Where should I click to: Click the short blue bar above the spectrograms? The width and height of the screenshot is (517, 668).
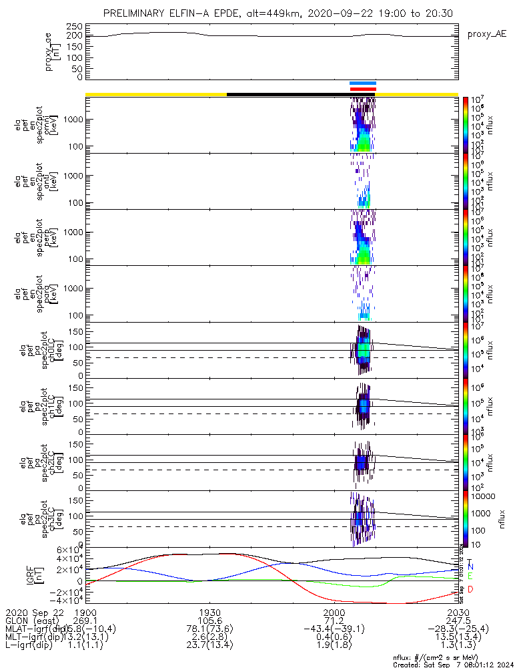click(x=363, y=83)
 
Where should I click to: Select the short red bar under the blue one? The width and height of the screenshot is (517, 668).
click(x=363, y=89)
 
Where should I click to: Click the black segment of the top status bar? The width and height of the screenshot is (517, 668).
click(x=287, y=94)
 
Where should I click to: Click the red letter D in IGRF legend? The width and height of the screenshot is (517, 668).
click(x=470, y=589)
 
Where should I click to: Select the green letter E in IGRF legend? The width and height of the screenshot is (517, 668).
click(x=470, y=576)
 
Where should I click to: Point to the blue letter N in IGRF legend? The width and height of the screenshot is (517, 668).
click(x=470, y=566)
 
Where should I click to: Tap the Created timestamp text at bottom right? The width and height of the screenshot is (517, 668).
click(x=454, y=665)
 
